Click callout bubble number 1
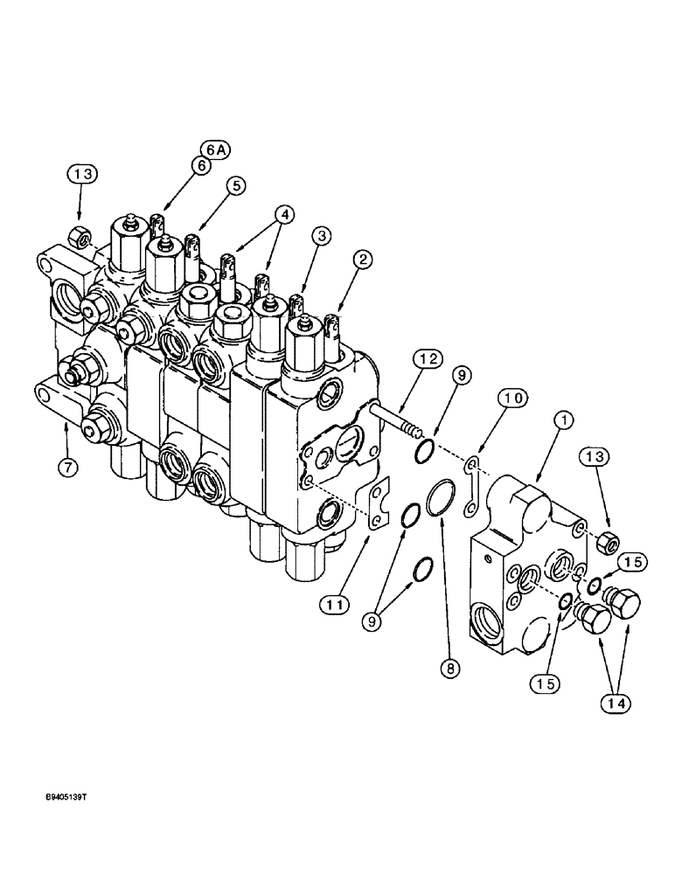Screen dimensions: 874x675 [565, 421]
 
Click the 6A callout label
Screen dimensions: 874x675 [214, 150]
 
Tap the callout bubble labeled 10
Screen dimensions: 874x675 [515, 398]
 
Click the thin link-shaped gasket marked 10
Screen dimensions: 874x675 [473, 487]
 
